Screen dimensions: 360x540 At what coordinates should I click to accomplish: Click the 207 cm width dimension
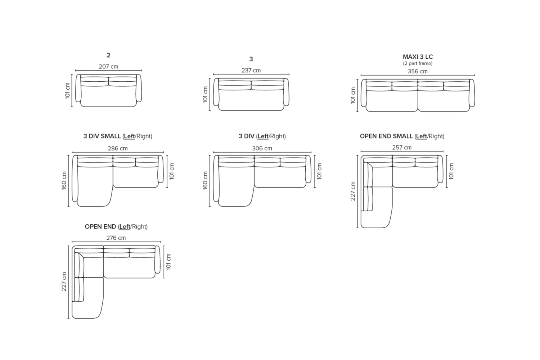pos(108,67)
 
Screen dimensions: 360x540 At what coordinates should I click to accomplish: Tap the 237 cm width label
pos(251,71)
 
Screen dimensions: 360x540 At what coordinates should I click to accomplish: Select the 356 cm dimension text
pos(418,71)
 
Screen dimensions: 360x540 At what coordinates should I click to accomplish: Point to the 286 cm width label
pos(118,148)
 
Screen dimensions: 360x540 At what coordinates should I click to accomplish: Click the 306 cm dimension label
pos(262,148)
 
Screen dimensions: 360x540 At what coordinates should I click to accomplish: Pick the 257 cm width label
pos(402,148)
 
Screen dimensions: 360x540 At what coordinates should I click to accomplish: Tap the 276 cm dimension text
pos(116,238)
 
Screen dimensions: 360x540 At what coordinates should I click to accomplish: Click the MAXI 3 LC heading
pos(418,57)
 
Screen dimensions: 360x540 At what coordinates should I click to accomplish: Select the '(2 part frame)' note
pos(418,63)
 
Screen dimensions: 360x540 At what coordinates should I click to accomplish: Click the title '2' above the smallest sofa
pos(108,55)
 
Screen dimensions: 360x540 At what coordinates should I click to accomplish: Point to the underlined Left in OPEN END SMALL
pos(421,136)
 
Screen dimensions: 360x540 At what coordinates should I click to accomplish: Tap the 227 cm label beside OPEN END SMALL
pos(353,191)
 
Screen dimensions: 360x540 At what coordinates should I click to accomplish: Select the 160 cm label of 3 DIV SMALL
pos(64,180)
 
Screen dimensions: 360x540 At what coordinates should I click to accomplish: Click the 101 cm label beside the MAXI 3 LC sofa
pos(353,95)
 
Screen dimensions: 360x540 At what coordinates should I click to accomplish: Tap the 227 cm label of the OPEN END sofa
pos(64,282)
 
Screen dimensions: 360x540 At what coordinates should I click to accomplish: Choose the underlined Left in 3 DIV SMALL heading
pos(129,136)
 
